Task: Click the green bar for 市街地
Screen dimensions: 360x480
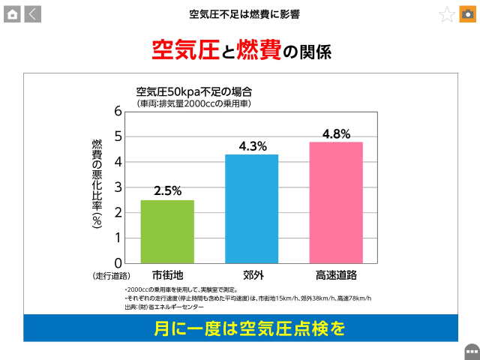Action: coord(167,231)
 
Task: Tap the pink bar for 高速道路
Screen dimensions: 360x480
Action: coord(336,202)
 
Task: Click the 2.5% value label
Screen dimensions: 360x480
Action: coord(167,190)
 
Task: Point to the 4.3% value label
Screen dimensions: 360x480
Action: coord(253,146)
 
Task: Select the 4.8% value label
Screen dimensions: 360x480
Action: coord(336,133)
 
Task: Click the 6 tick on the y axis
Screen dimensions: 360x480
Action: coord(118,110)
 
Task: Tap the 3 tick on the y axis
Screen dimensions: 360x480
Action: coord(118,187)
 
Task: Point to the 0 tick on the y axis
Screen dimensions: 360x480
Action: coord(118,263)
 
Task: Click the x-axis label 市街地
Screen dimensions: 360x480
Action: coord(167,275)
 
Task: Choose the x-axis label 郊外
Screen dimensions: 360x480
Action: coord(253,275)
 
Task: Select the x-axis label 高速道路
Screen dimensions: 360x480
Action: coord(336,275)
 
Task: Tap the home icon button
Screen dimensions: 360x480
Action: coord(12,13)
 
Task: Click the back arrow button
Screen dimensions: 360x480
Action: coord(33,13)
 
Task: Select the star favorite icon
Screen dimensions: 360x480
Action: coord(447,14)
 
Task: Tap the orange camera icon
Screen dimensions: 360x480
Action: coord(468,14)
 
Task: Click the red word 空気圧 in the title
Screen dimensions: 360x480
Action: coord(179,51)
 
